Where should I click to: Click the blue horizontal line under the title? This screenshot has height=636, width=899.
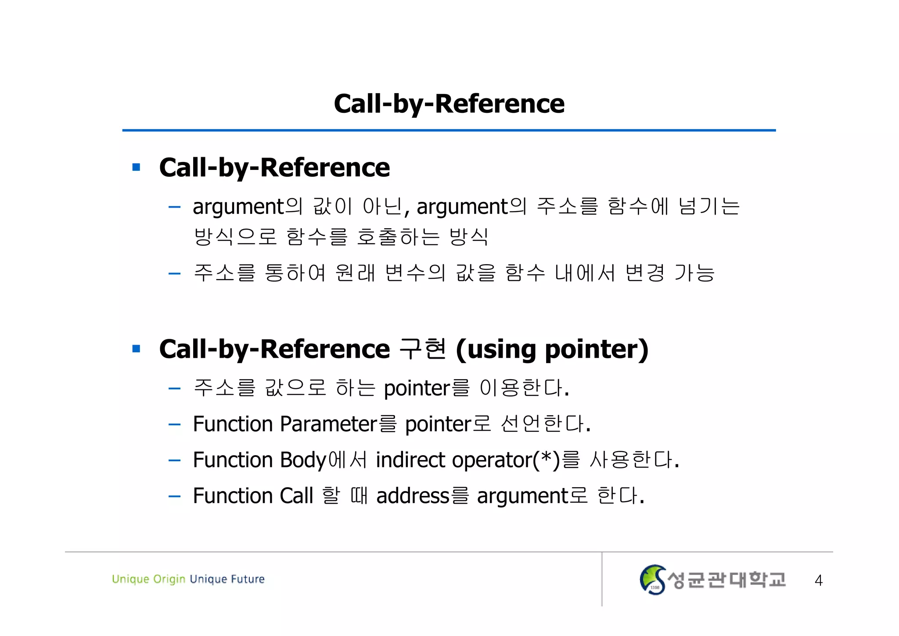(x=449, y=130)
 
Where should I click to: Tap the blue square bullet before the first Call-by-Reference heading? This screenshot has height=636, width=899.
(x=136, y=167)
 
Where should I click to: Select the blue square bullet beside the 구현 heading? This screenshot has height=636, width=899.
(x=136, y=349)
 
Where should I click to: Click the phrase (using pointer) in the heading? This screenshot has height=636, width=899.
(x=552, y=349)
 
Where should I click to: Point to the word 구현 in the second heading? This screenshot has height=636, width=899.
(x=423, y=349)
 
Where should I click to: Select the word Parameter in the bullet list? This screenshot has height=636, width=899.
(x=328, y=424)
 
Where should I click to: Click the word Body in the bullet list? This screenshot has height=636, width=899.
(x=303, y=460)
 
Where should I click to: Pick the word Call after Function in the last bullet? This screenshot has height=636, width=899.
(x=296, y=496)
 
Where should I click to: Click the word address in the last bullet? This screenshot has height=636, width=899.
(x=413, y=496)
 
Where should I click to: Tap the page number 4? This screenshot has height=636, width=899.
(x=818, y=580)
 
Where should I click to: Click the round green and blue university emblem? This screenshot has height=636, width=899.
(x=652, y=580)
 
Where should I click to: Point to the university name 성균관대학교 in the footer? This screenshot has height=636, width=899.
(x=726, y=580)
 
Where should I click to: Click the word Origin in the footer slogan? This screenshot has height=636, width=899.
(x=169, y=579)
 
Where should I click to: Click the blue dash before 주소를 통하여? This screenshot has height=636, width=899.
(x=175, y=274)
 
